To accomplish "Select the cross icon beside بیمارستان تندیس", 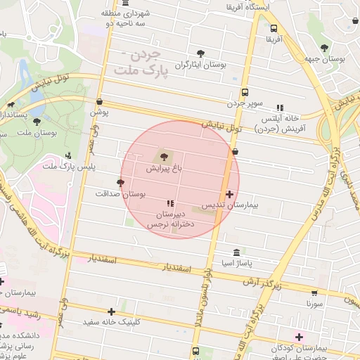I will click(229, 193).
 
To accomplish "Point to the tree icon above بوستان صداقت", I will click(121, 183).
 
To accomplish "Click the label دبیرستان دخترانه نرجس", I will click(169, 219).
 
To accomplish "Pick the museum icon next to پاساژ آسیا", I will click(235, 252).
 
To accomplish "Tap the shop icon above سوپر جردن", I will click(245, 92).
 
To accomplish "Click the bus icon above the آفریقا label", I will click(273, 29).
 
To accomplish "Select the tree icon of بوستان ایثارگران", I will click(201, 53).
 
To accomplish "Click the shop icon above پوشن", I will click(99, 101).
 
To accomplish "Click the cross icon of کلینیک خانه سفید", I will click(111, 311).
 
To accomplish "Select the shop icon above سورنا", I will click(314, 292).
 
